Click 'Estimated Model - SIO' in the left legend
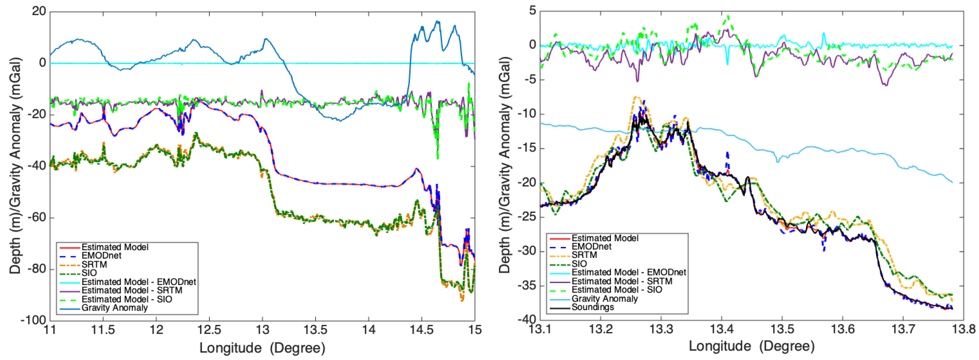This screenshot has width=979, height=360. [127, 299]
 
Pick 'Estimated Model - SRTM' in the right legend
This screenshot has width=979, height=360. [622, 281]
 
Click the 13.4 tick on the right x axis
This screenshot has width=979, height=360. [721, 329]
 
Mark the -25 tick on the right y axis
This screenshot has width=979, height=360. [526, 217]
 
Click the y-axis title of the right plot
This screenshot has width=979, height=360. [505, 165]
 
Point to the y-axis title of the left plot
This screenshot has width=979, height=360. [15, 165]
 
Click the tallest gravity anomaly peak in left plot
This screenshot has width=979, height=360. [437, 21]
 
